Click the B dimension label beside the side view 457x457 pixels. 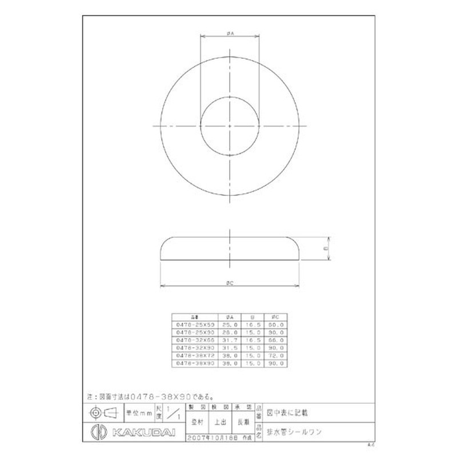click(x=325, y=248)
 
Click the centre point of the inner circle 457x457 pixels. click(x=229, y=125)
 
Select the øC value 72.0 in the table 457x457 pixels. click(x=276, y=354)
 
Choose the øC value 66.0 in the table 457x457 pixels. click(x=276, y=339)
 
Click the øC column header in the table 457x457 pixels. click(x=276, y=316)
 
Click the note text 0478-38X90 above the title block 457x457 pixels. click(x=160, y=395)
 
